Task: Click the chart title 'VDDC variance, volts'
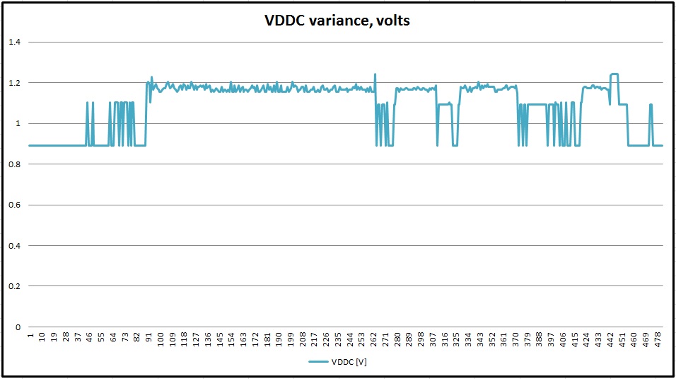pyautogui.click(x=337, y=21)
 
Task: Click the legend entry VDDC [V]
pyautogui.click(x=338, y=362)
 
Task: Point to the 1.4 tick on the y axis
pyautogui.click(x=15, y=43)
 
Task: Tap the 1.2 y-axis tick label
pyautogui.click(x=15, y=83)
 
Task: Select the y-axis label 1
pyautogui.click(x=18, y=124)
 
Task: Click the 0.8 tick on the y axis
pyautogui.click(x=15, y=164)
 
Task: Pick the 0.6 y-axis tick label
pyautogui.click(x=15, y=205)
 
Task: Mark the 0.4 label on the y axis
pyautogui.click(x=15, y=246)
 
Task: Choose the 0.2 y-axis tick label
pyautogui.click(x=15, y=287)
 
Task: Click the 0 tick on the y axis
pyautogui.click(x=18, y=327)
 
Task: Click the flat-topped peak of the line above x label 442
pyautogui.click(x=614, y=74)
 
